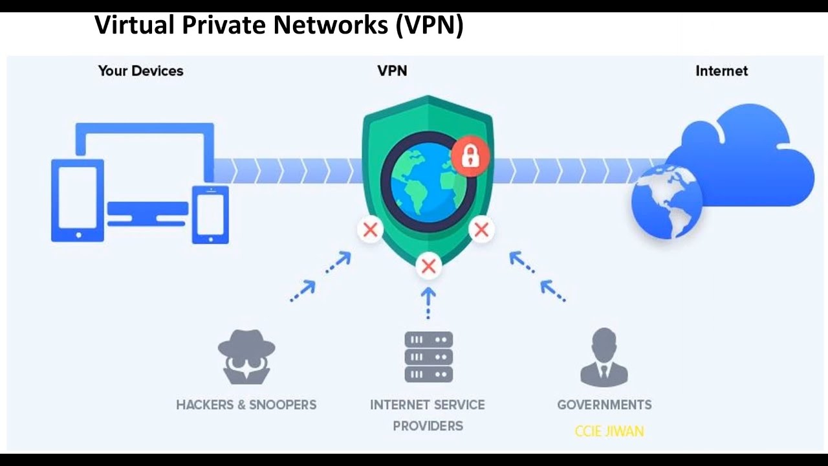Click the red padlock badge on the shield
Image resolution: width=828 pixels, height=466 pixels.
[470, 156]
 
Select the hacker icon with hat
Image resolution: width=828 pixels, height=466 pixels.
[246, 357]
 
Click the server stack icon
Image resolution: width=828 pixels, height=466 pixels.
[428, 357]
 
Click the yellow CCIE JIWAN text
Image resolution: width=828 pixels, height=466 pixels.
[609, 430]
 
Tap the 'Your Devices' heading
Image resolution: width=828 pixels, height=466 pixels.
[140, 71]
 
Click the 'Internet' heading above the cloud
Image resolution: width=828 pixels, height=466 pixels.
[721, 71]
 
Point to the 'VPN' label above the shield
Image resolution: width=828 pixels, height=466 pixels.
[392, 71]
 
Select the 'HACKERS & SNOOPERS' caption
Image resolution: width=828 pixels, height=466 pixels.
[246, 405]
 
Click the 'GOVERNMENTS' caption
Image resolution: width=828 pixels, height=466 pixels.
[604, 405]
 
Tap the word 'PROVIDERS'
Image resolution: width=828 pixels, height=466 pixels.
[428, 425]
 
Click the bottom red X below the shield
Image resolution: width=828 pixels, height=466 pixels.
[428, 265]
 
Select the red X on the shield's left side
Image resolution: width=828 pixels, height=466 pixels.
[371, 229]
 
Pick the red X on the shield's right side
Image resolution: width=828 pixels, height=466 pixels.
[481, 229]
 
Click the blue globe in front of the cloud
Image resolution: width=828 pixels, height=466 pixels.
[666, 201]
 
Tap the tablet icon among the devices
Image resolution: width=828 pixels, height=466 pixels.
[78, 200]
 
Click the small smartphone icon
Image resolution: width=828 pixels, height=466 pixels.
[210, 214]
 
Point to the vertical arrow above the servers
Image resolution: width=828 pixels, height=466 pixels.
[428, 303]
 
